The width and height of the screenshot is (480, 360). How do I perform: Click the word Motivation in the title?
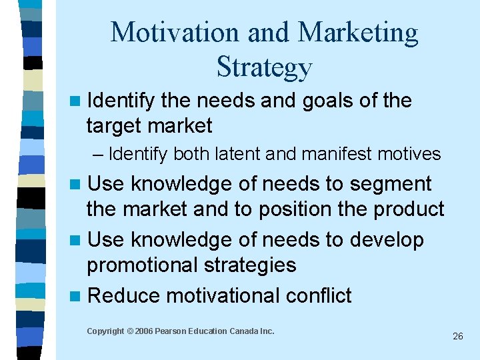pyautogui.click(x=166, y=33)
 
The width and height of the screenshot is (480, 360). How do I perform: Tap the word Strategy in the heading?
pyautogui.click(x=264, y=67)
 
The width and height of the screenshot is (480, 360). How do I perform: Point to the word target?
pyautogui.click(x=115, y=125)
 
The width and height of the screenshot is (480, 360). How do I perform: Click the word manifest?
pyautogui.click(x=327, y=155)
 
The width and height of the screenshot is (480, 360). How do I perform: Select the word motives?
pyautogui.click(x=408, y=155)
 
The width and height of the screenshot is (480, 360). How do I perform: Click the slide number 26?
pyautogui.click(x=457, y=337)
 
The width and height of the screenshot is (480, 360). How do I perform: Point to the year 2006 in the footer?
pyautogui.click(x=145, y=331)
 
